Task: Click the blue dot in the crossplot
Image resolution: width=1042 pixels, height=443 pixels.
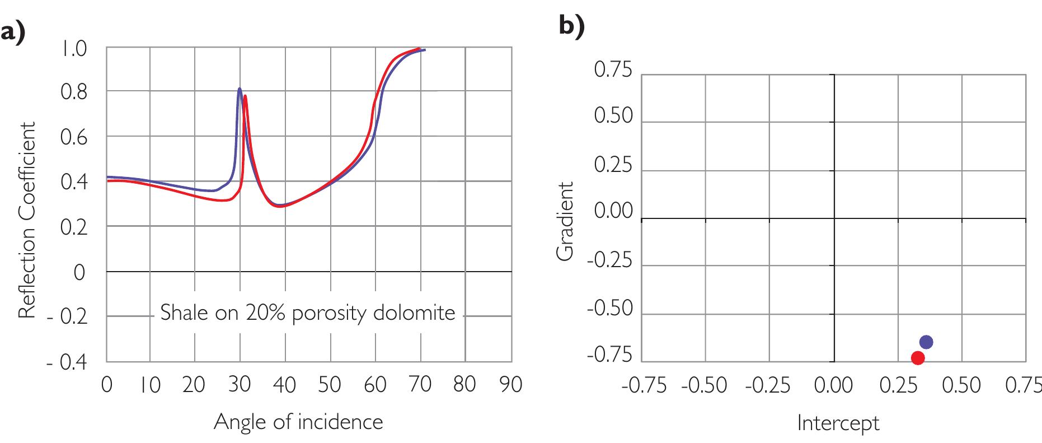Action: (926, 342)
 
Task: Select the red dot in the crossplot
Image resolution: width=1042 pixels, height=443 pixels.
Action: (917, 358)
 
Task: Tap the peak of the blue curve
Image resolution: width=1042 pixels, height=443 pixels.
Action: (240, 88)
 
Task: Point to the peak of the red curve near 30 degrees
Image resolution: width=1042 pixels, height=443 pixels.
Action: (245, 96)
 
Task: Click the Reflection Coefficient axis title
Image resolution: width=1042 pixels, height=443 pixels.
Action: (27, 220)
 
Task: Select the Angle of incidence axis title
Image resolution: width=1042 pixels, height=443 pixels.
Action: (298, 422)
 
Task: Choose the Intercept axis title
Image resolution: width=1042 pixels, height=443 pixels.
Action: (838, 423)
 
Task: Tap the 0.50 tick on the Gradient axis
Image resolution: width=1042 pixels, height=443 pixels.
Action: (613, 116)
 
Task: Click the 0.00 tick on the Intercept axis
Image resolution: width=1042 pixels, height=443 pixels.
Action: (833, 385)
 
